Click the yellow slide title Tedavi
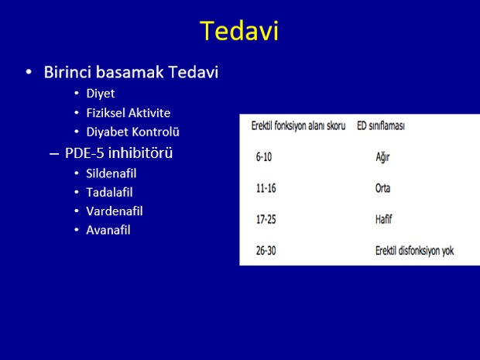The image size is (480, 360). (239, 31)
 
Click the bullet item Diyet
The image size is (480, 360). (101, 94)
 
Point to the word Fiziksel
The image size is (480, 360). (105, 113)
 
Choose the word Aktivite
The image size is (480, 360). (149, 113)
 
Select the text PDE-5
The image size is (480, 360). (85, 153)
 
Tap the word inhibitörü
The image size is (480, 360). (140, 153)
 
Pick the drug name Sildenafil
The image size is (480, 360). (111, 173)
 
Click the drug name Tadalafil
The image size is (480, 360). (109, 193)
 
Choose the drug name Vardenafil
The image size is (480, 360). (115, 211)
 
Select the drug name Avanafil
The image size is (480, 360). (108, 230)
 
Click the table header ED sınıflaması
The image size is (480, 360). (381, 126)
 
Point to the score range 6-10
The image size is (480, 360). (264, 157)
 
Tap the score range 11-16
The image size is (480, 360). (266, 188)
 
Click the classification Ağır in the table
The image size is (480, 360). (382, 158)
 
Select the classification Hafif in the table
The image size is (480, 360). (383, 219)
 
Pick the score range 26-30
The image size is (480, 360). (266, 251)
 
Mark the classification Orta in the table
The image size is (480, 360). (382, 188)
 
